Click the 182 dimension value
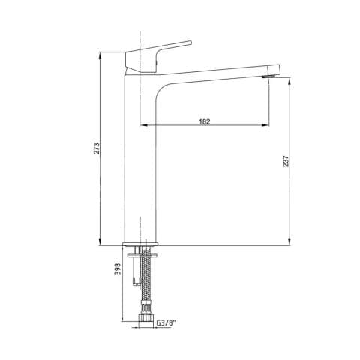205,121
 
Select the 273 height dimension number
97,148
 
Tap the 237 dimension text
286,161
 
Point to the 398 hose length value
118,268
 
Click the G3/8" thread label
166,322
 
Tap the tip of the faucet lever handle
190,42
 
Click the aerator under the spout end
268,76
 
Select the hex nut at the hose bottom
145,317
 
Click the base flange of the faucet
141,244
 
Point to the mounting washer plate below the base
142,255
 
